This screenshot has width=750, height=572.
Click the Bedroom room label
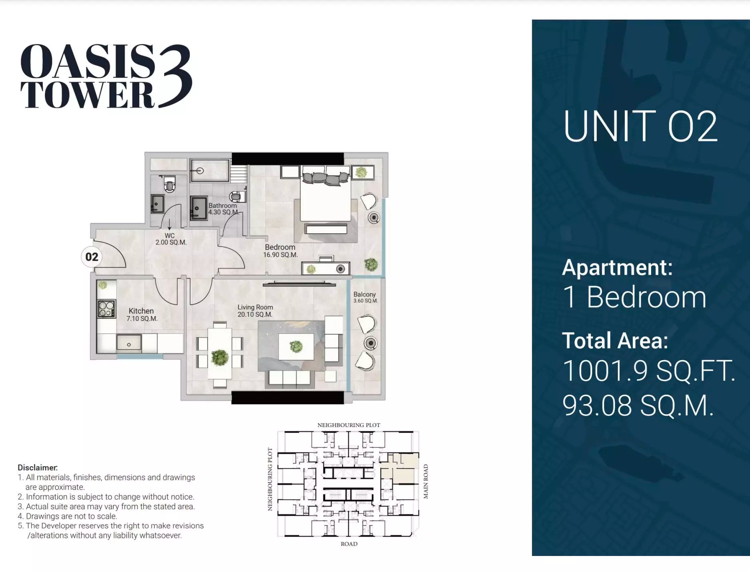[x=280, y=247]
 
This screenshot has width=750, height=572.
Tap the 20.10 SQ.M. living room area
[x=255, y=314]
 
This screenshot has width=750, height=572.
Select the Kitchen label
[x=141, y=311]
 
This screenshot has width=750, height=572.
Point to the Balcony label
[x=364, y=294]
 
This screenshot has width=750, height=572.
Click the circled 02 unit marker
[x=92, y=257]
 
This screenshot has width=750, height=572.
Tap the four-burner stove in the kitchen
[x=106, y=308]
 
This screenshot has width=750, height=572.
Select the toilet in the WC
[x=169, y=185]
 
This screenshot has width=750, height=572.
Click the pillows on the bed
[x=325, y=177]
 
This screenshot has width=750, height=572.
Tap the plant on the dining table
[x=219, y=357]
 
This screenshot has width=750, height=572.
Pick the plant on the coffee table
[x=296, y=346]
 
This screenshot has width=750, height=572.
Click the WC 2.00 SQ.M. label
[x=170, y=239]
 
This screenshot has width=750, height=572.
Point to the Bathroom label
[x=223, y=205]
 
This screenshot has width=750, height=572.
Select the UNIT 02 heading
[x=640, y=127]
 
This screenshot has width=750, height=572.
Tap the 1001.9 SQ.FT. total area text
[x=648, y=371]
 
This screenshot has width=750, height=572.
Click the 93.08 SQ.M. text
[x=638, y=405]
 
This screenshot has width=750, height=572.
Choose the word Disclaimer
[x=38, y=467]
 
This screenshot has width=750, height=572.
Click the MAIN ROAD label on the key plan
[x=426, y=481]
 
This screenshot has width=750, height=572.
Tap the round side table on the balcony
[x=371, y=343]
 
